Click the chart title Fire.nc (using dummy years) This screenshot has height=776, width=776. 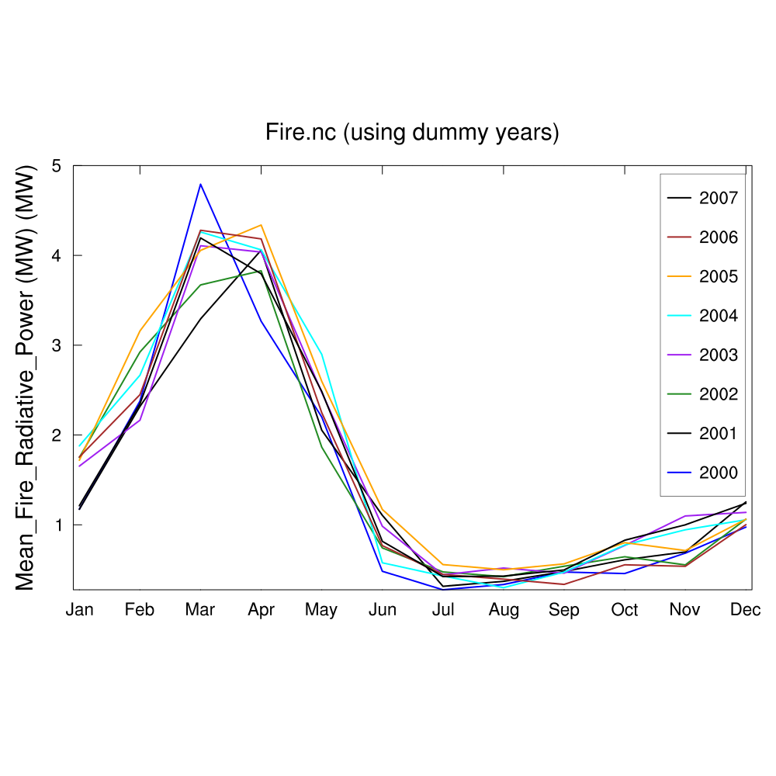click(412, 133)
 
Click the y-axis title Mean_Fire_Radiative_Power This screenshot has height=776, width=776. click(26, 377)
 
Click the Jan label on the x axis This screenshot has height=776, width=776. click(79, 610)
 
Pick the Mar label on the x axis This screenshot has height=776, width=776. click(200, 610)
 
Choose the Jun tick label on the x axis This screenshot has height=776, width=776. click(382, 610)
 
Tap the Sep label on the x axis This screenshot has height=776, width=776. click(564, 610)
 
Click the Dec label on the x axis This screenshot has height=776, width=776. click(745, 610)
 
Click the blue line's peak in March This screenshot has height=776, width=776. click(200, 185)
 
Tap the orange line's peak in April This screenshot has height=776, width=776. click(262, 226)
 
